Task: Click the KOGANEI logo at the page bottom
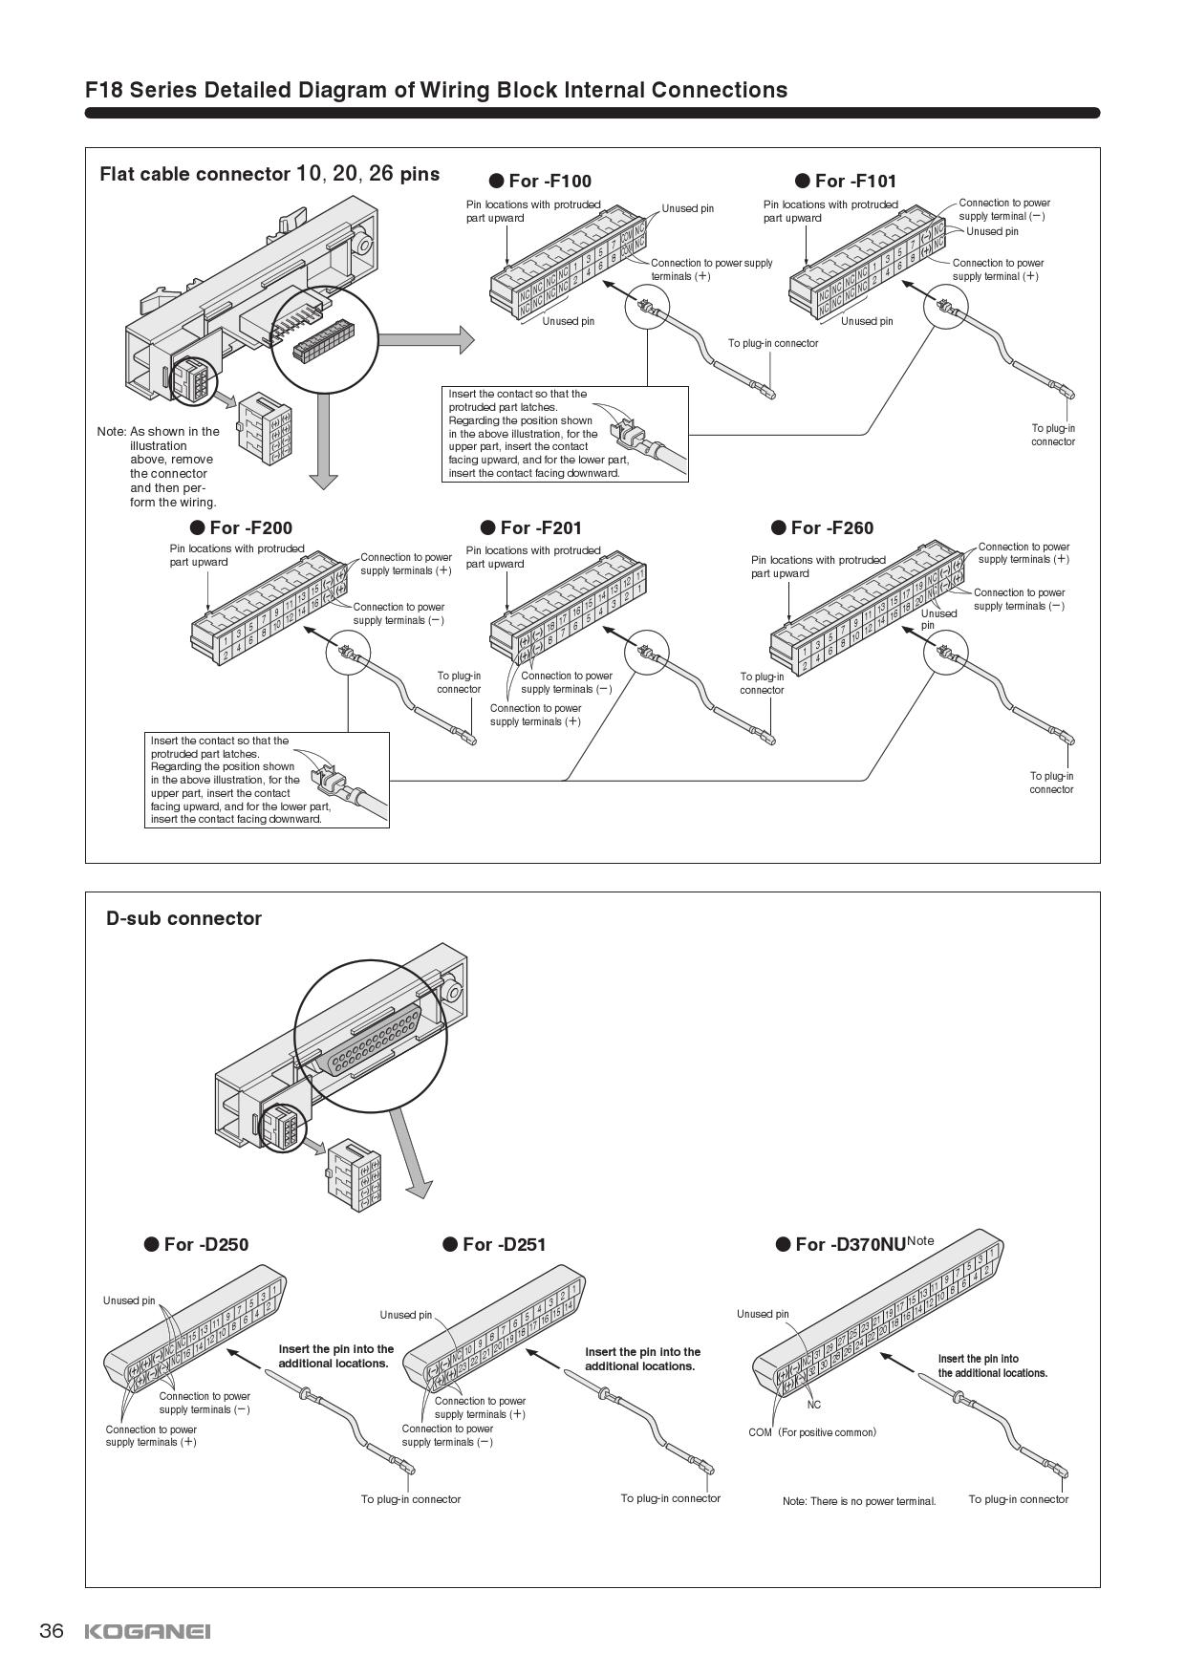click(147, 1631)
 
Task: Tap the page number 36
click(52, 1630)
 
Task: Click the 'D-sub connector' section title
click(183, 918)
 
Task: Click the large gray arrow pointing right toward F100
click(426, 339)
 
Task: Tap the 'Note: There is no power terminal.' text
click(858, 1501)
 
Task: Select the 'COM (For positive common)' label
click(811, 1432)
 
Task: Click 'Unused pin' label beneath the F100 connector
click(568, 321)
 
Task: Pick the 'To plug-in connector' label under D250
click(410, 1499)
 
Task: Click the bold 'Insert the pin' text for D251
click(642, 1359)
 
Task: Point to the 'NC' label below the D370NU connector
click(814, 1405)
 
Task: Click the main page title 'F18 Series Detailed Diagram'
click(436, 90)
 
